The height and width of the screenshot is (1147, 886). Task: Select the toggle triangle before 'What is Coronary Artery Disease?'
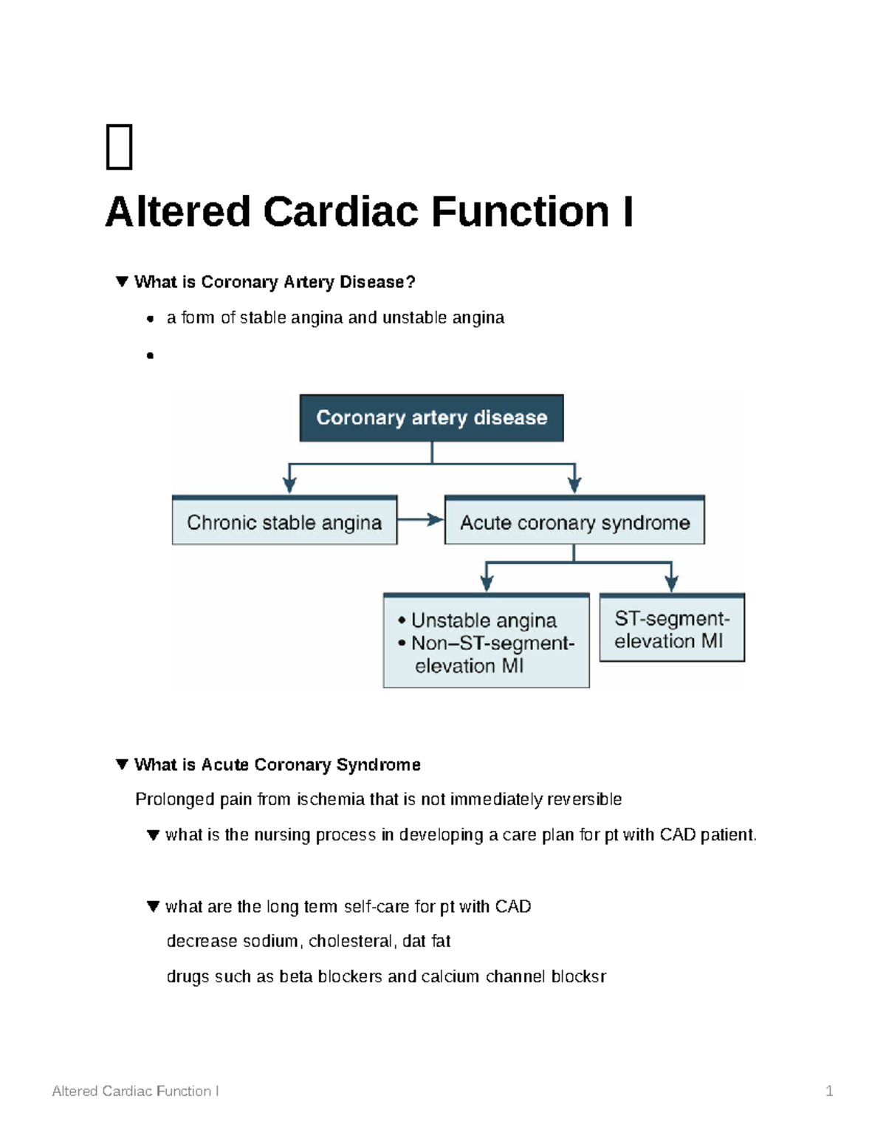(x=122, y=281)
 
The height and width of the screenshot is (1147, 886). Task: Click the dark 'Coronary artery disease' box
(x=431, y=418)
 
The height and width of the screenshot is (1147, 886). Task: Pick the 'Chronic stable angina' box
(x=284, y=522)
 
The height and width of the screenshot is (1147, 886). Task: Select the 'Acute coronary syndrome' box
(x=574, y=522)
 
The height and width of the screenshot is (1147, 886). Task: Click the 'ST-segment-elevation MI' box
(x=671, y=629)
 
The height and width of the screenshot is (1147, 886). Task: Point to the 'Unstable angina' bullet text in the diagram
(x=484, y=620)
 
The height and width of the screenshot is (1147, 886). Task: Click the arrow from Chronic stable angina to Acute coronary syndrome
(x=421, y=520)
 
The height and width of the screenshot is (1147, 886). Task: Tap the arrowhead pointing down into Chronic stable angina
(x=289, y=485)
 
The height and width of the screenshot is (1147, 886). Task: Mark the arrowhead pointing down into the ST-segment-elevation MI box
(x=671, y=583)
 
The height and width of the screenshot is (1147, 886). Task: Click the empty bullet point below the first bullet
(x=150, y=355)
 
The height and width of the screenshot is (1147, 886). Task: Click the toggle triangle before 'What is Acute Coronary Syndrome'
(x=122, y=764)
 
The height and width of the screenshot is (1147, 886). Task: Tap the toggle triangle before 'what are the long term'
(x=153, y=906)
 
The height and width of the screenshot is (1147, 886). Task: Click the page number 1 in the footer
(x=829, y=1091)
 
